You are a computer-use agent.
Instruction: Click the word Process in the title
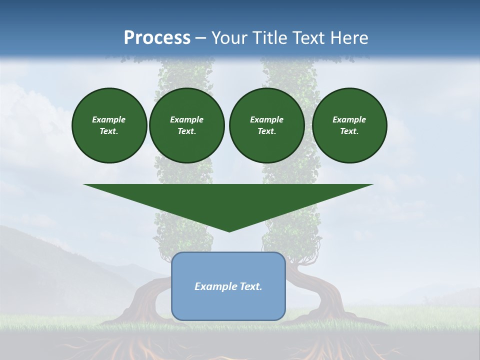click(x=157, y=38)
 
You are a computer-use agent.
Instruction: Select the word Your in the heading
click(x=230, y=38)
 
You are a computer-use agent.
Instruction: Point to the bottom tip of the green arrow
click(x=229, y=231)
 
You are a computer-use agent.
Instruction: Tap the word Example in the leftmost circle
click(x=109, y=119)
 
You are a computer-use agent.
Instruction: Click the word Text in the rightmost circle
click(x=349, y=131)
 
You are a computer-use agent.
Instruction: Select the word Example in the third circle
click(x=266, y=119)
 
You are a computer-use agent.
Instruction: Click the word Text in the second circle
click(x=186, y=131)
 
